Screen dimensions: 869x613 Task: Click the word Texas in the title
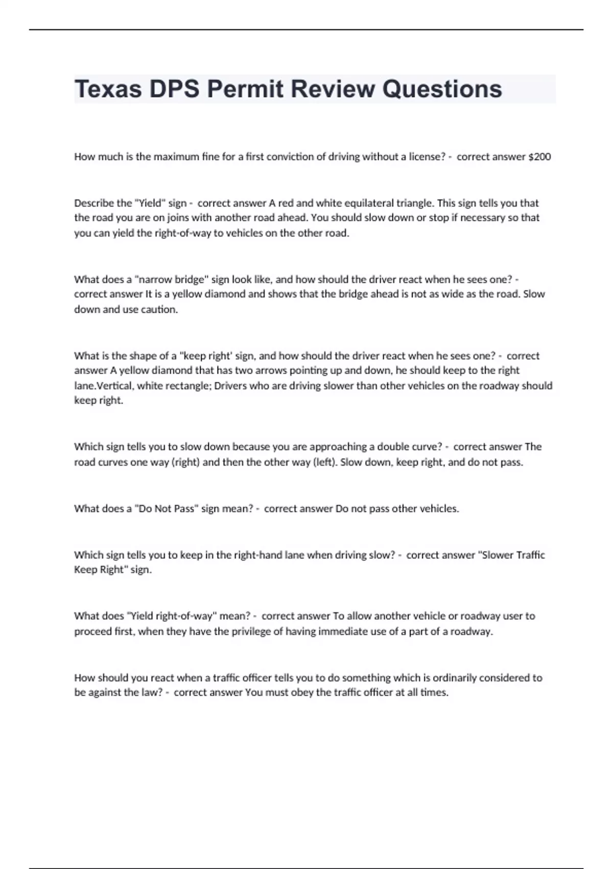pyautogui.click(x=108, y=89)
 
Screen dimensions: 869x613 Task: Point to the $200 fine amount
pyautogui.click(x=539, y=156)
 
